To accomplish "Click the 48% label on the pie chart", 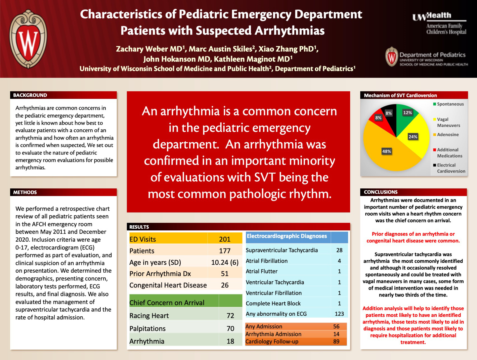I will click(x=387, y=151).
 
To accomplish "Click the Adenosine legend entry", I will click(x=448, y=135).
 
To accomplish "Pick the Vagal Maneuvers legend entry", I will click(x=448, y=122).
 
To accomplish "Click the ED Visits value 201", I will click(x=225, y=239).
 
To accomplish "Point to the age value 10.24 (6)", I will click(x=225, y=262).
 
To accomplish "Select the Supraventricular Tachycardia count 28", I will click(x=339, y=250).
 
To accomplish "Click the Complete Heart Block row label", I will click(x=273, y=303).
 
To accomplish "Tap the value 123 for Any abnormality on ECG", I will click(x=339, y=314).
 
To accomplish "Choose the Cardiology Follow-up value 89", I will click(x=336, y=342).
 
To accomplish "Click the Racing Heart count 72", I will click(x=230, y=316).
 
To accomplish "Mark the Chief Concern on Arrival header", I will click(x=167, y=303).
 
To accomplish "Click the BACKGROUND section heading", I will click(x=30, y=95).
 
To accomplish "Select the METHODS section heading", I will click(x=25, y=192).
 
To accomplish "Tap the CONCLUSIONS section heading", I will click(x=381, y=192).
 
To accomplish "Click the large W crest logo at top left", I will click(x=28, y=39).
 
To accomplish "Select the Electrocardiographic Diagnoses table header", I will click(x=287, y=236).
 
